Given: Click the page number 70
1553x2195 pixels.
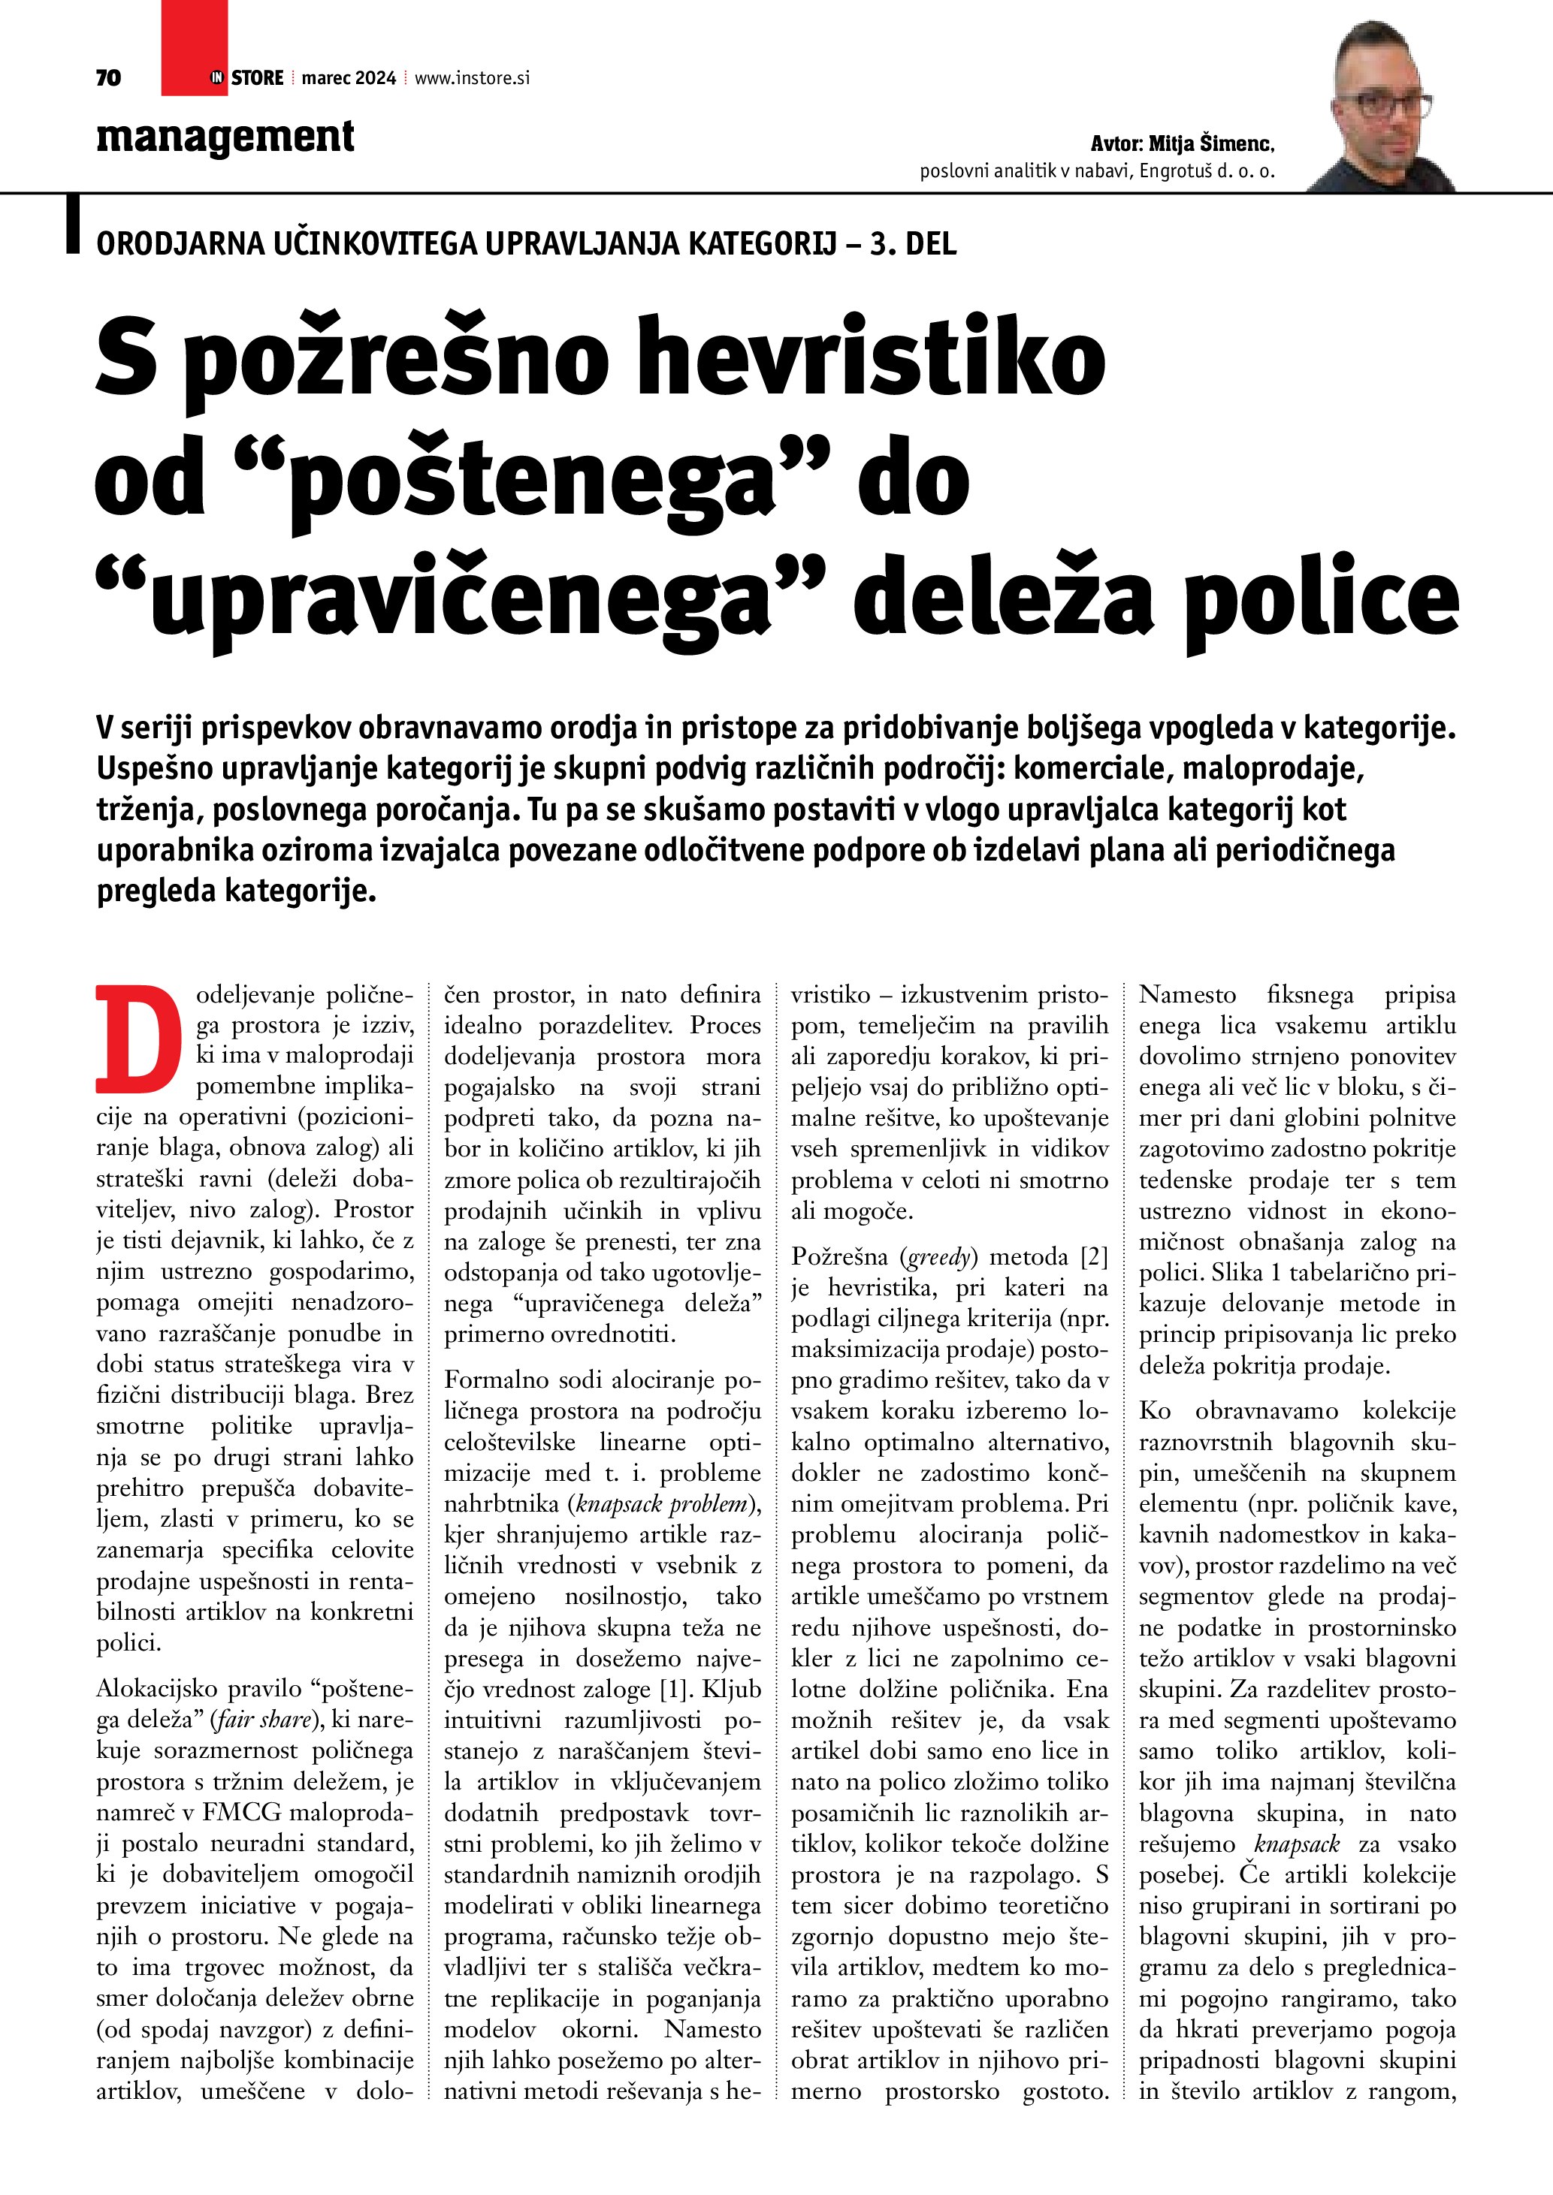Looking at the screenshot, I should [x=108, y=78].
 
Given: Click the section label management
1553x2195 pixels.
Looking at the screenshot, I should [x=225, y=137].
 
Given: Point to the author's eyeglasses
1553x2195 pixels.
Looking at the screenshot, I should [x=1392, y=103].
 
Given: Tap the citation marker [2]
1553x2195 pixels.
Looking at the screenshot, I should [x=1093, y=1256].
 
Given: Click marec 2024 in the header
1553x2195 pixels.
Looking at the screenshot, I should [x=348, y=78].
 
